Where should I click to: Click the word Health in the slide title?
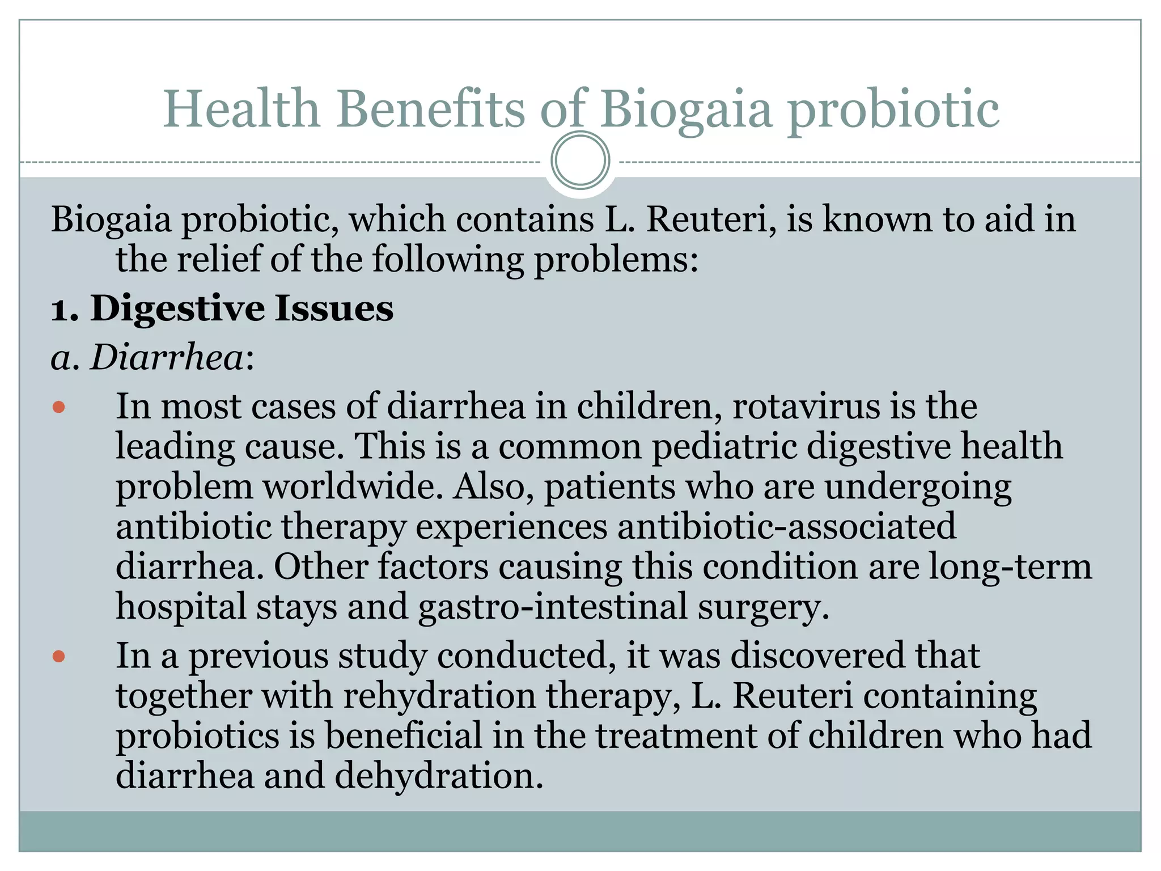(x=241, y=109)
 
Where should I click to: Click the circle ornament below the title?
(x=580, y=160)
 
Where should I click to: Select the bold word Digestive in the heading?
(x=177, y=310)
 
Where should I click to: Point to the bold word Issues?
(x=334, y=310)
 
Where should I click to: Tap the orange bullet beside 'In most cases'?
(x=59, y=407)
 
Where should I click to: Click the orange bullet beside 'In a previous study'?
(x=59, y=657)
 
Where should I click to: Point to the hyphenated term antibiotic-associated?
(x=786, y=527)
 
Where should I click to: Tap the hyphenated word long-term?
(x=1010, y=566)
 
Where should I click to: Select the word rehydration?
(x=439, y=696)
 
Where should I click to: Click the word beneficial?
(x=403, y=736)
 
